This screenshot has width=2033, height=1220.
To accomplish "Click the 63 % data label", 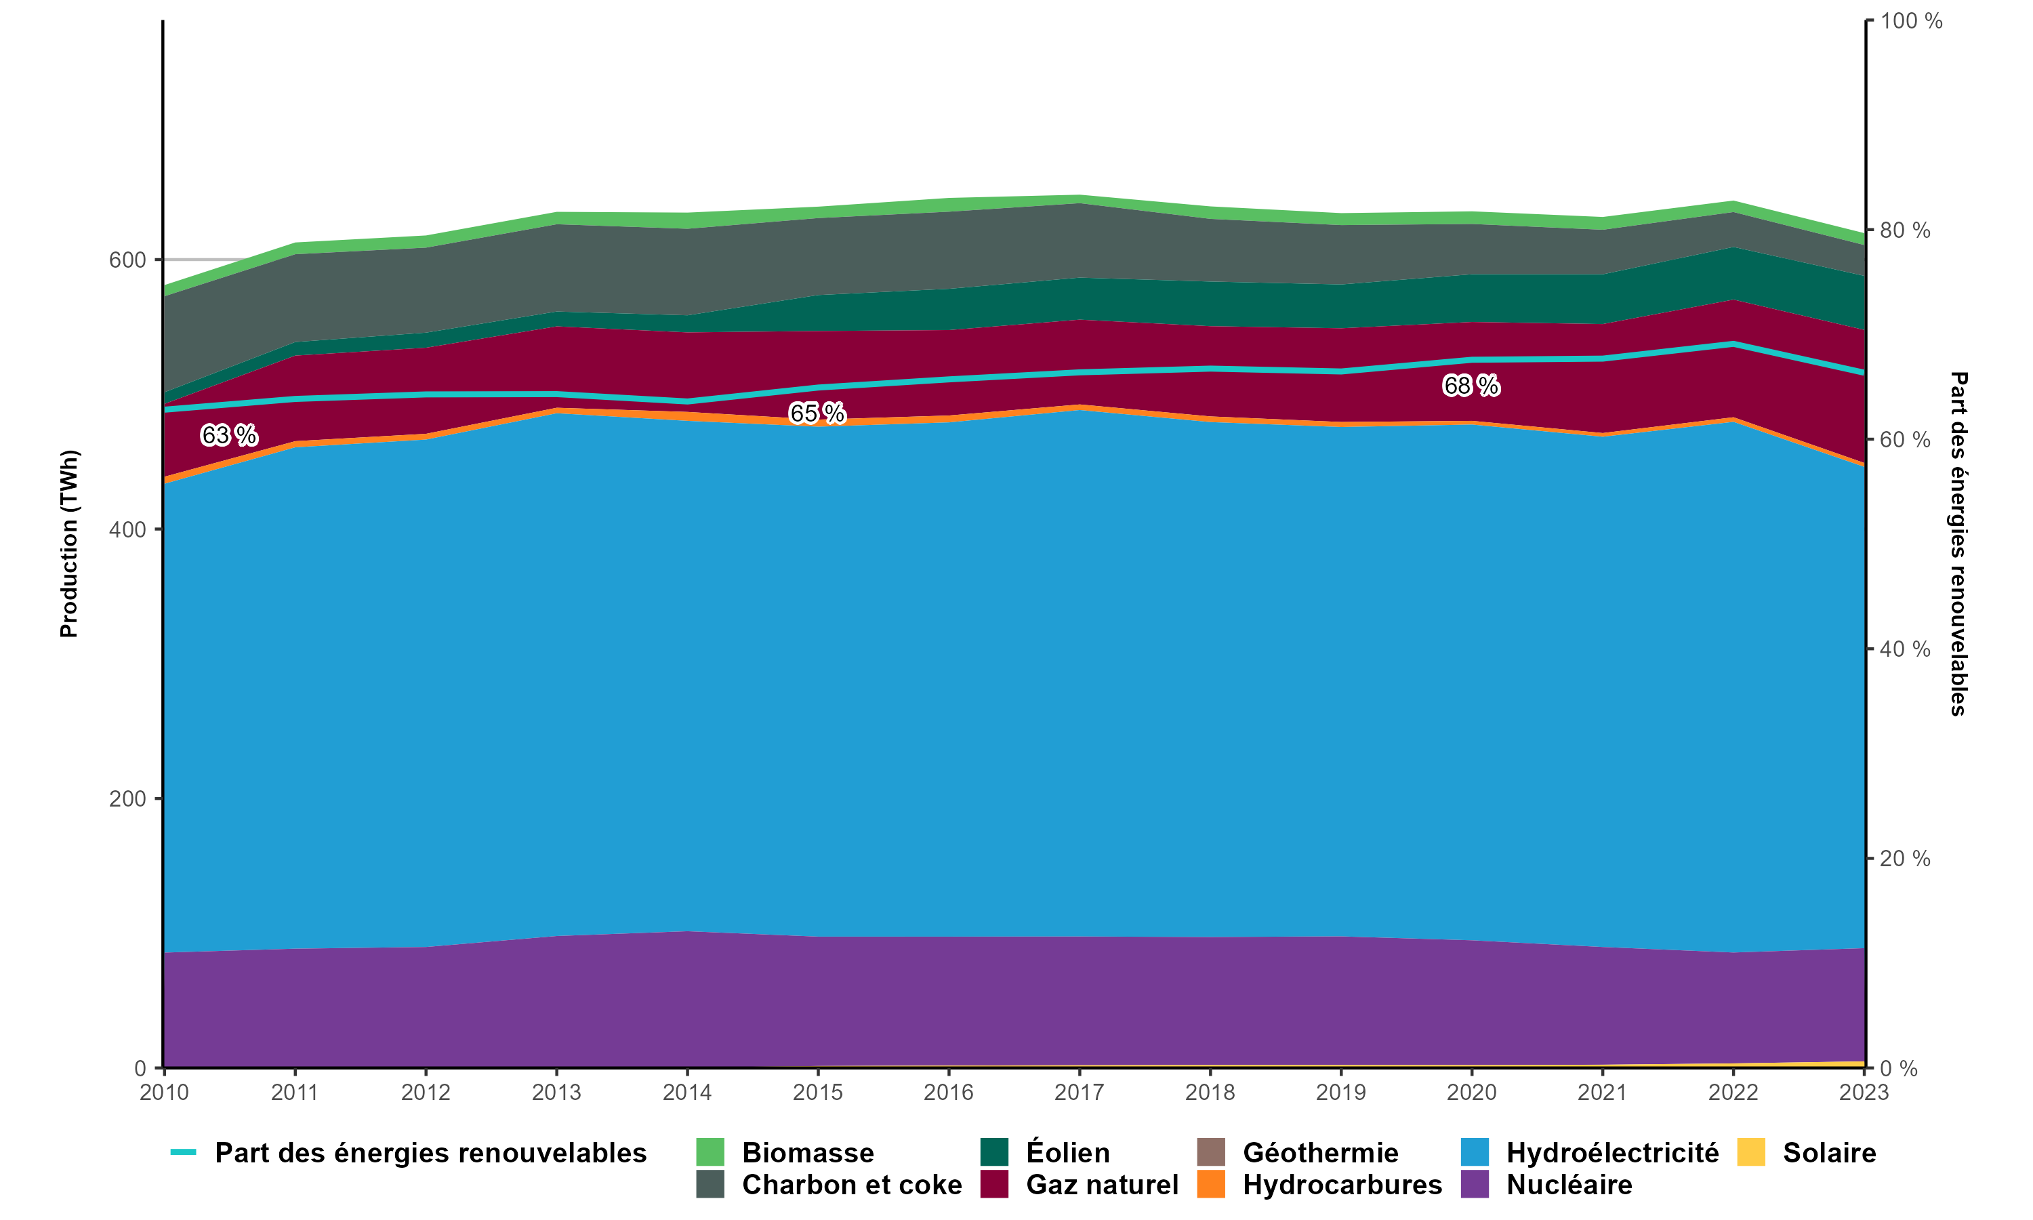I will coord(228,435).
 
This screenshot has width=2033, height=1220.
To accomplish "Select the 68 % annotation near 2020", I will coord(1471,385).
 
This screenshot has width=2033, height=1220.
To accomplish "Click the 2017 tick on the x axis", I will coord(1079,1092).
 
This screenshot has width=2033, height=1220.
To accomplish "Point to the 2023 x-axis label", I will coord(1864,1092).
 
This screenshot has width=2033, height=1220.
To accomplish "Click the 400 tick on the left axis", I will coord(127,529).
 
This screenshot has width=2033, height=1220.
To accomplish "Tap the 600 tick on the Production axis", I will coord(127,260).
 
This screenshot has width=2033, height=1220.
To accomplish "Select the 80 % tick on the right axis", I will coord(1905,230).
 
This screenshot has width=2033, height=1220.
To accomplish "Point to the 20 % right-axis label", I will coord(1905,858).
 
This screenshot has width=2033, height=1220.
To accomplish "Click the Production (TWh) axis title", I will coord(69,544).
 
